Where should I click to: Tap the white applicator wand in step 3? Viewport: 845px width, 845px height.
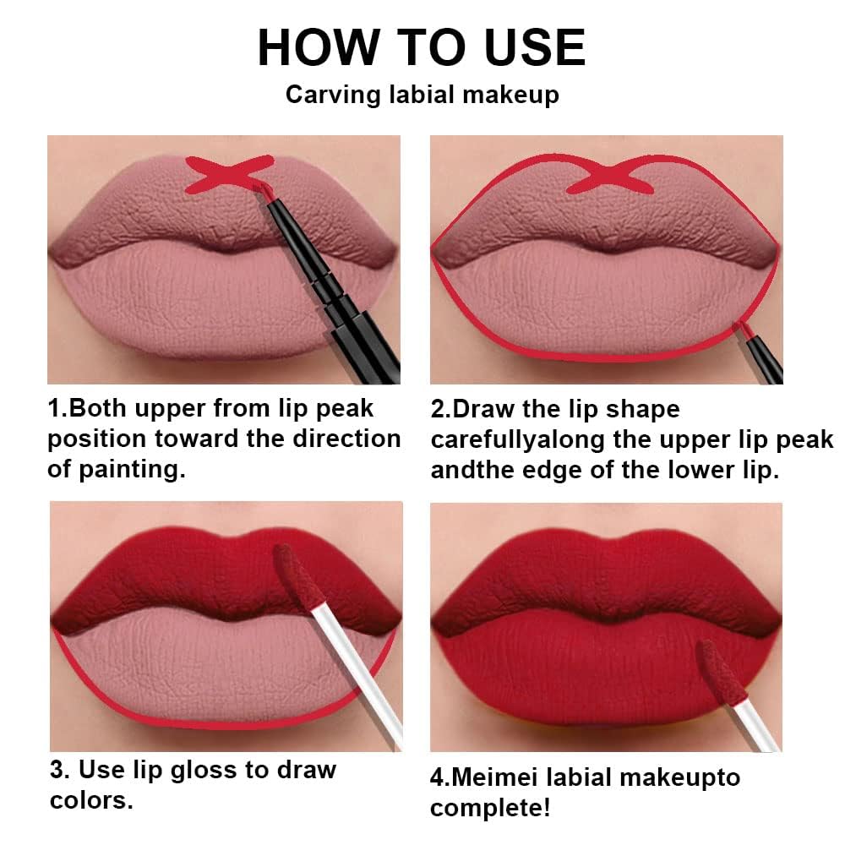click(355, 668)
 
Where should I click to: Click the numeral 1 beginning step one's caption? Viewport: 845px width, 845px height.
click(54, 409)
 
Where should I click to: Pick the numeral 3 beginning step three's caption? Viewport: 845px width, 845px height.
click(56, 770)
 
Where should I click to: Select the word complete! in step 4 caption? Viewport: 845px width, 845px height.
click(491, 808)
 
